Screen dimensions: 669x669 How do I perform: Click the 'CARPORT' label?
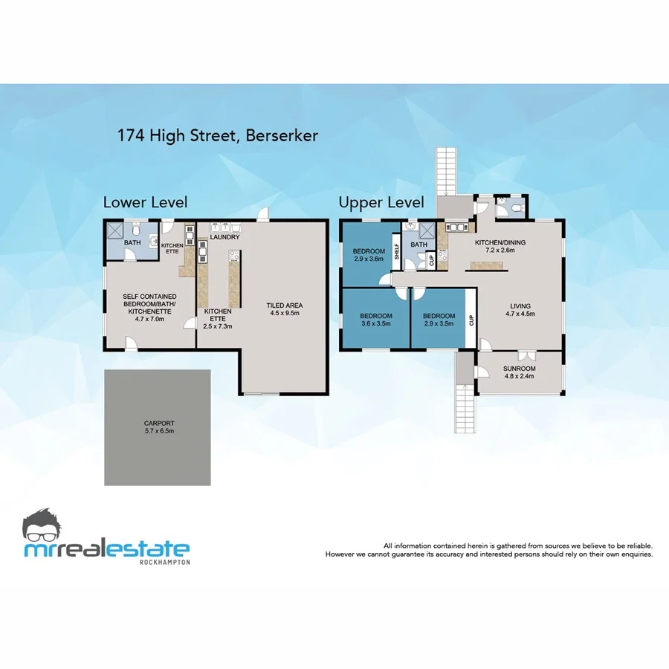157,424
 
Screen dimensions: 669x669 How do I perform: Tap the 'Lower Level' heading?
145,202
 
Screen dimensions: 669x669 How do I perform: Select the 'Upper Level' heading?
381,202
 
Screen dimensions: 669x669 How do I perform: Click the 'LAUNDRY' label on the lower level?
224,237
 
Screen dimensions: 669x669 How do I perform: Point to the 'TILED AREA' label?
285,306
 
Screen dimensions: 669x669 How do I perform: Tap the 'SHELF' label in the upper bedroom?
397,248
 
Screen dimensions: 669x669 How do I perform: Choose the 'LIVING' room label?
520,306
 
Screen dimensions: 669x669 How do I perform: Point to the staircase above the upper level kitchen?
447,169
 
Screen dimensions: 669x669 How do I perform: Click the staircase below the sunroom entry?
465,408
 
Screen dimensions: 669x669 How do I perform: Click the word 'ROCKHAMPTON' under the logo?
164,562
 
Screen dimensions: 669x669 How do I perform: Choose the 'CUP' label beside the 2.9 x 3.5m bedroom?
471,320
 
